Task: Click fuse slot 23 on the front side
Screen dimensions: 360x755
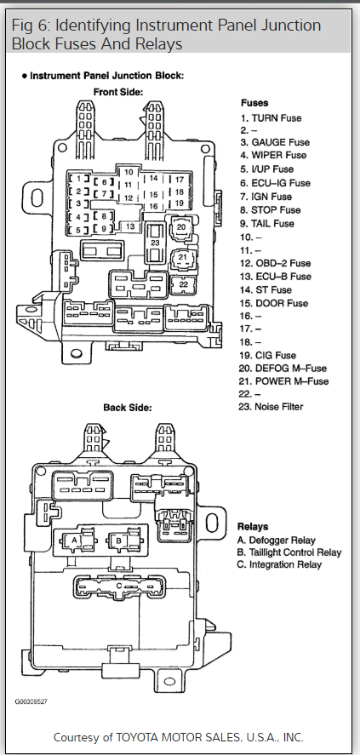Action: click(155, 243)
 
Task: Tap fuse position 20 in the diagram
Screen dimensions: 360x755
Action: click(181, 226)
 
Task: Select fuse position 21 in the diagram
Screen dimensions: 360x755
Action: click(182, 257)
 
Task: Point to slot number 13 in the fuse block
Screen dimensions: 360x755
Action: click(130, 226)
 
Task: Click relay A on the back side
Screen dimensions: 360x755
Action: click(75, 541)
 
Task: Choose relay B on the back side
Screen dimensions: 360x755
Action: click(119, 541)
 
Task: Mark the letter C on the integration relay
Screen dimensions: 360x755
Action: click(119, 586)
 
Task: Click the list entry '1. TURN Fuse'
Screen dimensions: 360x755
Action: click(271, 118)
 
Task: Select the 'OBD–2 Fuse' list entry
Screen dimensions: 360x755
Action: click(276, 263)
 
